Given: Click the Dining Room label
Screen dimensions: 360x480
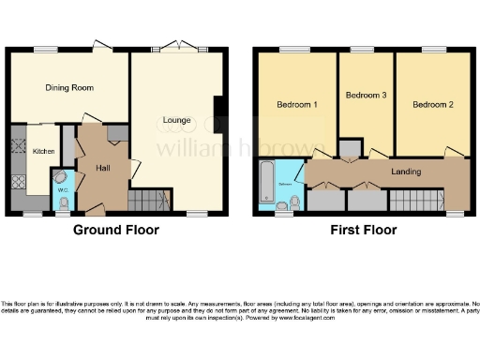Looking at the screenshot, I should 69,87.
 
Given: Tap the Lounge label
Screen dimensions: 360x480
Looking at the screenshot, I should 176,120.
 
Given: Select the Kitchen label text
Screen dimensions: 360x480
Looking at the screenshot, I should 43,151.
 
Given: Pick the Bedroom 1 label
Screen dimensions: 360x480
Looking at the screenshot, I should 295,105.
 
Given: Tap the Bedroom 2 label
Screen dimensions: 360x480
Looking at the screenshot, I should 432,105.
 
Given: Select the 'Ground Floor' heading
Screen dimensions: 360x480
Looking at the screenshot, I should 115,230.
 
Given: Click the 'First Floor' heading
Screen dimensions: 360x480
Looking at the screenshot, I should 362,230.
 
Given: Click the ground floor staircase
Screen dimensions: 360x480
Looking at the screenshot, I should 147,200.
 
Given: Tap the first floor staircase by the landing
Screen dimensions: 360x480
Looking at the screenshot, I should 416,200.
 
